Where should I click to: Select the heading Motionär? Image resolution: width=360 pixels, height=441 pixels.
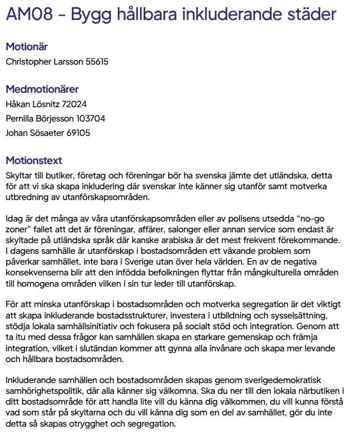pyautogui.click(x=27, y=47)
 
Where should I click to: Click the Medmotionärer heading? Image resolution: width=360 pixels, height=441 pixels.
pyautogui.click(x=42, y=89)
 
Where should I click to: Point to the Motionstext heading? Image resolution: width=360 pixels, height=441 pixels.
pyautogui.click(x=34, y=161)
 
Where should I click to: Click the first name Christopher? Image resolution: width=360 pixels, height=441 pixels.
pyautogui.click(x=28, y=62)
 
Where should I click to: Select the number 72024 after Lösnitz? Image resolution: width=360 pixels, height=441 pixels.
pyautogui.click(x=74, y=105)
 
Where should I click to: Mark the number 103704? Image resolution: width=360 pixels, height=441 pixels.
pyautogui.click(x=91, y=119)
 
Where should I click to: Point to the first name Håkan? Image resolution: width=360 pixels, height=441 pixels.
pyautogui.click(x=17, y=105)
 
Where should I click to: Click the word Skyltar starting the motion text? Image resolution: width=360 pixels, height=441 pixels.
pyautogui.click(x=19, y=175)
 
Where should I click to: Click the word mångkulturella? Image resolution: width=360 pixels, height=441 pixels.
pyautogui.click(x=279, y=272)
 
